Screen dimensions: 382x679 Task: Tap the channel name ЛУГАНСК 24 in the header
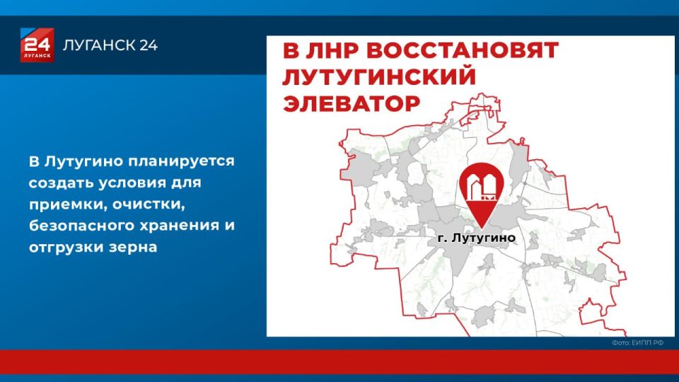point(110,46)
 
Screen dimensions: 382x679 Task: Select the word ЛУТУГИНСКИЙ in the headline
point(378,77)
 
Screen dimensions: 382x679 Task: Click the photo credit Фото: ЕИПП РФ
point(638,343)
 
